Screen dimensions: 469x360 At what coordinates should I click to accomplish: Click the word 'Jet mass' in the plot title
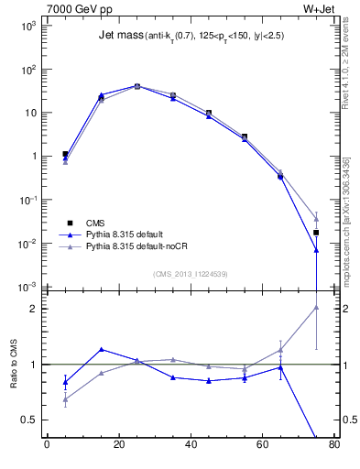tap(119, 37)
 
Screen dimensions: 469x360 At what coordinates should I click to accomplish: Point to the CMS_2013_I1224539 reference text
tap(189, 274)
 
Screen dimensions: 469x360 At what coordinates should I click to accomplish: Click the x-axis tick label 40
tap(191, 447)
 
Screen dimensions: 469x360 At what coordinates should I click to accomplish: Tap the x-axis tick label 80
tap(333, 447)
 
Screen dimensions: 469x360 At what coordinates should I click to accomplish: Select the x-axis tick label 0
tap(47, 447)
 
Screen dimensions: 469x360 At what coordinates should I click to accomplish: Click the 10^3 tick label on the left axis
tap(29, 27)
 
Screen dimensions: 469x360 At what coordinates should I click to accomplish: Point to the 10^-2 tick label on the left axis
tap(29, 244)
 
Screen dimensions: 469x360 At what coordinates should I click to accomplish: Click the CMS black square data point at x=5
tap(65, 155)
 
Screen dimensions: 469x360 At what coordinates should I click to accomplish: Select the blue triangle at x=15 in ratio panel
tap(101, 349)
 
